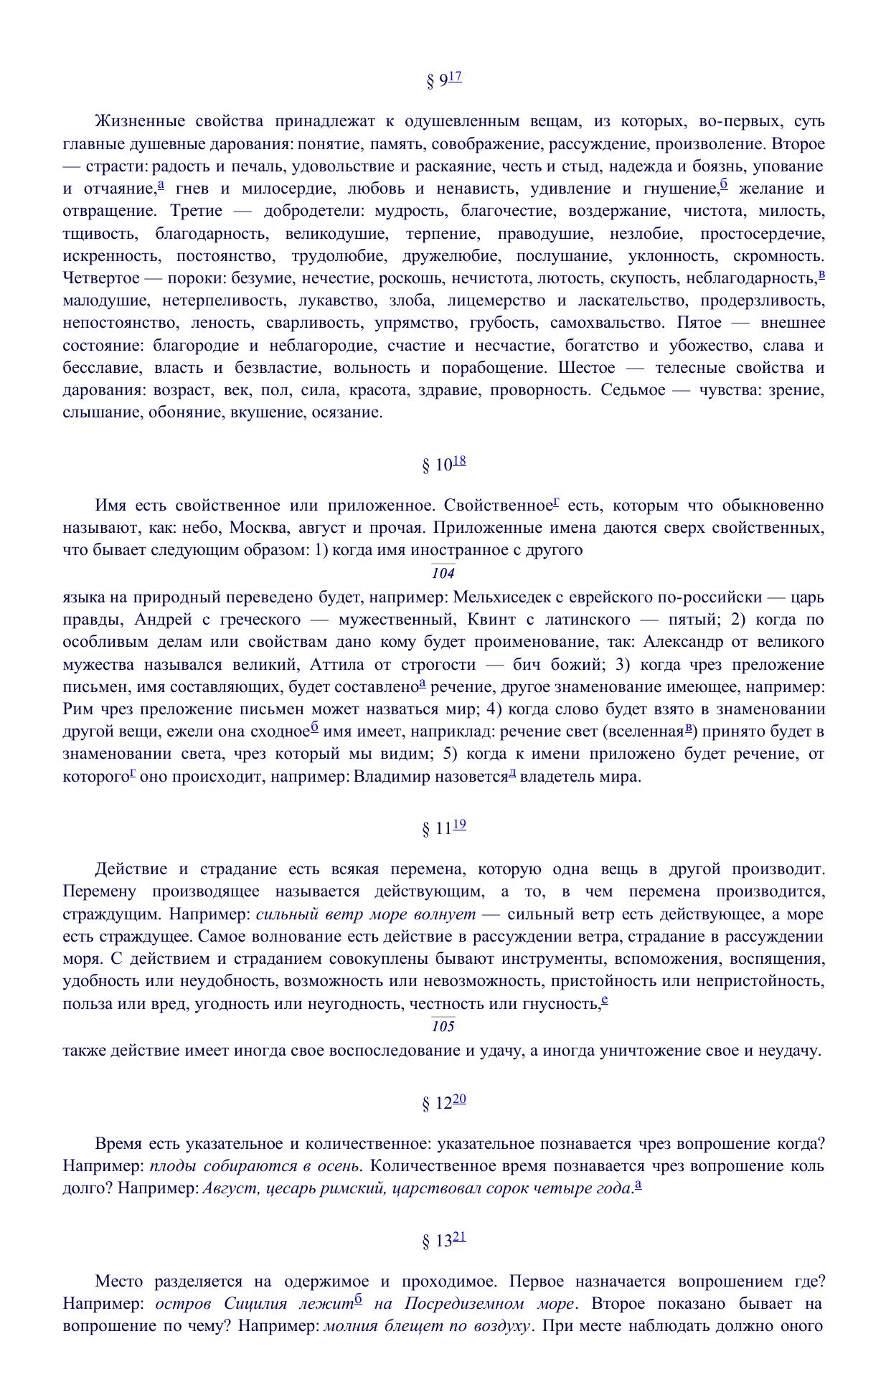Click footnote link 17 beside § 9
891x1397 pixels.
pos(455,77)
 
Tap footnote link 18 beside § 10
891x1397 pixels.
pos(459,460)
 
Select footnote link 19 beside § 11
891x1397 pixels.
pos(459,825)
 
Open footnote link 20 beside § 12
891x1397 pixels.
pos(459,1099)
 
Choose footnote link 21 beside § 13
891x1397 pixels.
pos(459,1236)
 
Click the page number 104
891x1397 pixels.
pos(443,573)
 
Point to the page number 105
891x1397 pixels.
pos(443,1026)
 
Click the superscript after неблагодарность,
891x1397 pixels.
pos(821,275)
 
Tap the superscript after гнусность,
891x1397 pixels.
pos(605,1000)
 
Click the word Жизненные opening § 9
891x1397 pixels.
pos(137,121)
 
